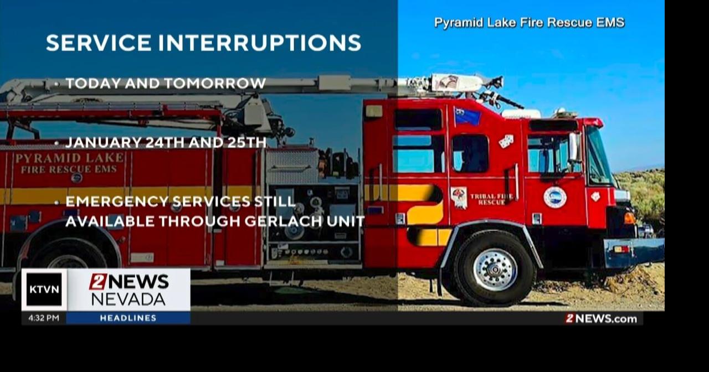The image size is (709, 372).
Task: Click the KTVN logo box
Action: coord(44,290)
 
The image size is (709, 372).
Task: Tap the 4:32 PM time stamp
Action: coord(44,318)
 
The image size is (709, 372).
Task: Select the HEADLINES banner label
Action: coord(128,318)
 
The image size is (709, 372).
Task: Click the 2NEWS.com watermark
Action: coord(601,318)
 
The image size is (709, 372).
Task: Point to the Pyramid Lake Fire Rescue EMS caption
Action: coord(529,23)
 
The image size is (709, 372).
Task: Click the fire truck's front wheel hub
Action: coord(495,270)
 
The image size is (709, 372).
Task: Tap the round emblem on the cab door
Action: coord(555,197)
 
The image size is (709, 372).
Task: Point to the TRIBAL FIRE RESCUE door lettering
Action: coord(491,199)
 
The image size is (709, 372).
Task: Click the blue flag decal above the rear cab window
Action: coord(467,116)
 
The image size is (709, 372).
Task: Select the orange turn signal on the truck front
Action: coord(630,218)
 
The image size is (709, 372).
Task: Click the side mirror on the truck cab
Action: coord(573,147)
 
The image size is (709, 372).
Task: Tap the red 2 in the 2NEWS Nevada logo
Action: coord(97,282)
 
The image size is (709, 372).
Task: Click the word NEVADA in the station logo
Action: coord(128,299)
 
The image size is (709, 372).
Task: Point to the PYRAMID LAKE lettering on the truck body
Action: coord(70,158)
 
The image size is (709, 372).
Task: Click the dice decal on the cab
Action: coord(506,141)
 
